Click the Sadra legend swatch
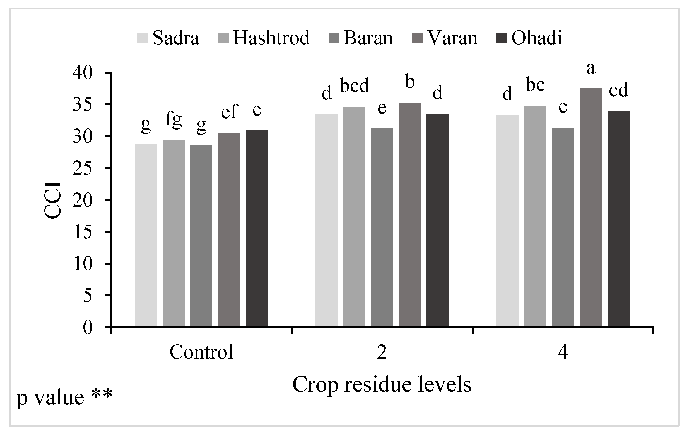pos(142,38)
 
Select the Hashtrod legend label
pos(271,38)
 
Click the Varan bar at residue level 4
pos(591,208)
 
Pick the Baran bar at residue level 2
pos(382,228)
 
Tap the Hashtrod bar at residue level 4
pos(535,216)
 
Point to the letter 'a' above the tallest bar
pos(591,69)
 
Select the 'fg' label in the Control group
pos(173,120)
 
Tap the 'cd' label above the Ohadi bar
pos(619,90)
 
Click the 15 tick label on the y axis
pos(83,233)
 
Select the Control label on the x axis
pos(201,352)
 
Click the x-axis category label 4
pos(563,352)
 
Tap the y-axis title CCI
pos(53,200)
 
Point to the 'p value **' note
pos(64,397)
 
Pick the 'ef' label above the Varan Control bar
pos(229,112)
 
